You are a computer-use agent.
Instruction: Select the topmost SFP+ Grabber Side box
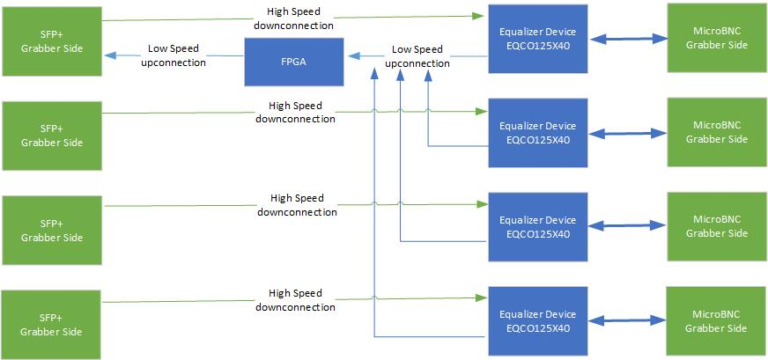[51, 40]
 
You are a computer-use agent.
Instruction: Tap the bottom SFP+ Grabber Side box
[51, 325]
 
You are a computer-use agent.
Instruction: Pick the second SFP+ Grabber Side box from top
[51, 135]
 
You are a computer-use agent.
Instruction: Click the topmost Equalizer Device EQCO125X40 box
[537, 39]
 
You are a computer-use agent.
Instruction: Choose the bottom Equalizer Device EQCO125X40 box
[537, 321]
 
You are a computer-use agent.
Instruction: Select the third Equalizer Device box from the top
[537, 227]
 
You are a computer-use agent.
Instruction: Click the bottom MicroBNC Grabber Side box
[716, 321]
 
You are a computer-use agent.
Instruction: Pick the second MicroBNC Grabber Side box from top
[716, 132]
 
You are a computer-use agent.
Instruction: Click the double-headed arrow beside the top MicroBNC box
[627, 40]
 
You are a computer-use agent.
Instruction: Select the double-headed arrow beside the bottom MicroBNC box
[627, 322]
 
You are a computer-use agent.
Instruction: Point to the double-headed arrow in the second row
[627, 134]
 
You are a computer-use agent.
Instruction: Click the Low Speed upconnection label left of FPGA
[174, 55]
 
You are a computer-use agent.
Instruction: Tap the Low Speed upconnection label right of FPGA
[417, 55]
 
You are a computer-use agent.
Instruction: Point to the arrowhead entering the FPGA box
[351, 55]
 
